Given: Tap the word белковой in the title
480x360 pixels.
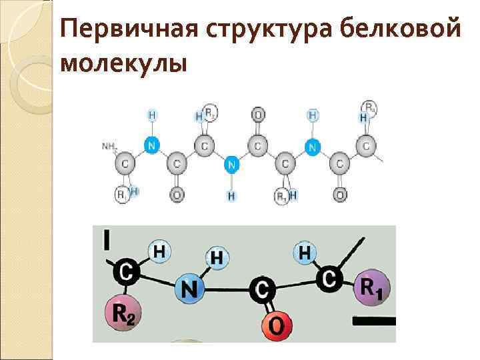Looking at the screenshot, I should [399, 30].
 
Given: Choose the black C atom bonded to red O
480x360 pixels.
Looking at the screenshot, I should [262, 289].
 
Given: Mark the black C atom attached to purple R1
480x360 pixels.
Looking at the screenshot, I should [329, 279].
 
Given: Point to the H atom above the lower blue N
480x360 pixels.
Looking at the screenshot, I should [218, 257].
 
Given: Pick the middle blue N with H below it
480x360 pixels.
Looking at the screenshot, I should [231, 163].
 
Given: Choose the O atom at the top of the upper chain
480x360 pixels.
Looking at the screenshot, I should [258, 115].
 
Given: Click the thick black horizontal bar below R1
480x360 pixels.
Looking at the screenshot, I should [374, 321].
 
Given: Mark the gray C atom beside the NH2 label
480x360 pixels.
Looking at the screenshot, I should [124, 163].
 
